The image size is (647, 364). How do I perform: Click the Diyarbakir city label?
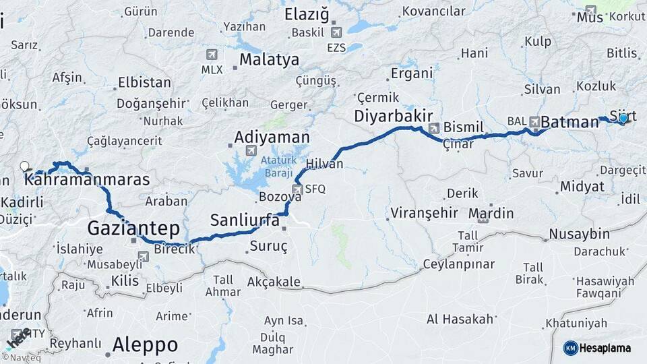393,116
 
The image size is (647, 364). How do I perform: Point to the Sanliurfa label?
245,220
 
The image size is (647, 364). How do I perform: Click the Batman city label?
569,122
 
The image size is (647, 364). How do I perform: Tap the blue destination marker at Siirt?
623,119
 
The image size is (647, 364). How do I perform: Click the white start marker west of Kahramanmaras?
25,166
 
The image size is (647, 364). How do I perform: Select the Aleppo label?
145,344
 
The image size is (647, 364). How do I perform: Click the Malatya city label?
269,60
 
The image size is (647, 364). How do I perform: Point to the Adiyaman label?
272,138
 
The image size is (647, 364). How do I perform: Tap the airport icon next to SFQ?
297,189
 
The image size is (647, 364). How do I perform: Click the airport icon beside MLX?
213,54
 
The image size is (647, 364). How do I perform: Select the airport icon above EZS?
336,32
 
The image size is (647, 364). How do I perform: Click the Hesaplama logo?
597,348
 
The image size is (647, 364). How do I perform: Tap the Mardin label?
491,214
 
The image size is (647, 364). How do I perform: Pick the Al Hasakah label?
460,319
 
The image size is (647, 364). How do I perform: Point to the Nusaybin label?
579,234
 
